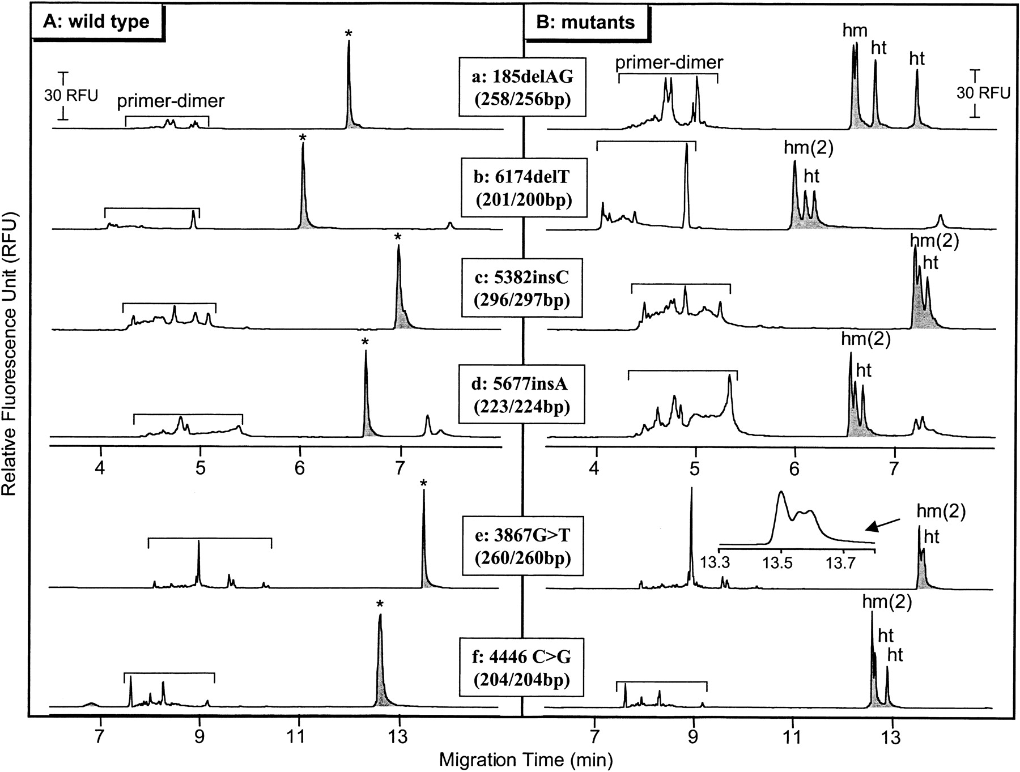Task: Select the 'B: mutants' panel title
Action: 586,22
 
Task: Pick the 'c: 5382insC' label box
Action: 522,289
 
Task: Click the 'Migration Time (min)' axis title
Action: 525,758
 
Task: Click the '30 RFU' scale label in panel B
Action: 983,93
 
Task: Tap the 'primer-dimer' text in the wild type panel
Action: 171,101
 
